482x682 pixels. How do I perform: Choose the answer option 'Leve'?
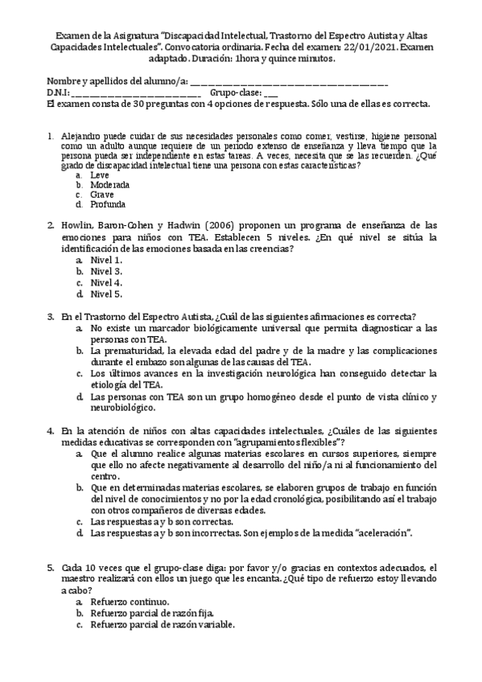point(100,175)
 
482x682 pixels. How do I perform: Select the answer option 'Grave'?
point(102,195)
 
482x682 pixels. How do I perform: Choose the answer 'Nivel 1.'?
point(106,260)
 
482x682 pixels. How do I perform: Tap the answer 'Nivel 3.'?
point(106,271)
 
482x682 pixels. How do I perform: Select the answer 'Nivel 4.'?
point(106,282)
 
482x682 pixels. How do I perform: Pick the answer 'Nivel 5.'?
point(106,294)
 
